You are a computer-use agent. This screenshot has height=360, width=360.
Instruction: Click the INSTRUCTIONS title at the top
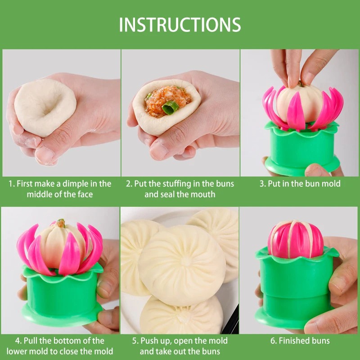pyautogui.click(x=180, y=24)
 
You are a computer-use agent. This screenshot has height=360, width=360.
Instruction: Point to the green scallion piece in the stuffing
pyautogui.click(x=170, y=107)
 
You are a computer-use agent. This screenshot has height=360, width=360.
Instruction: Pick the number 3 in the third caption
pyautogui.click(x=262, y=184)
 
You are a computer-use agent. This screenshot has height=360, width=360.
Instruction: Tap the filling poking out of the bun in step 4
pyautogui.click(x=61, y=222)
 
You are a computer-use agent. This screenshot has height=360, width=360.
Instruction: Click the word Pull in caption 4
pyautogui.click(x=31, y=341)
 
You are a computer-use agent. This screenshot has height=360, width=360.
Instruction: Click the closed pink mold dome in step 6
pyautogui.click(x=296, y=239)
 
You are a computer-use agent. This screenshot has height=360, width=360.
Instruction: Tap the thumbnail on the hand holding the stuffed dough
pyautogui.click(x=158, y=151)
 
